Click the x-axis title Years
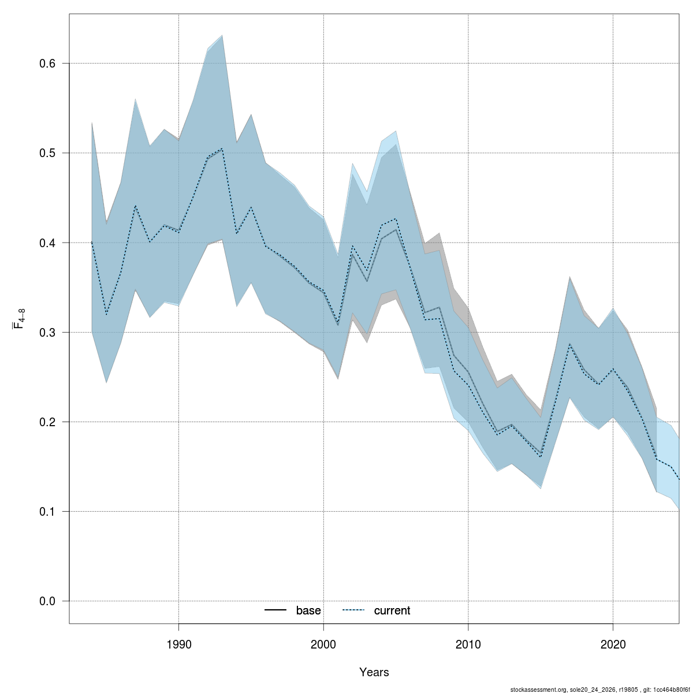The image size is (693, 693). coord(374,672)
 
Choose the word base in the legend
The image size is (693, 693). coord(308,611)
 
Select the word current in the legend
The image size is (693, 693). coord(392,611)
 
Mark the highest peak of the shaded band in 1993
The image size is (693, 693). coord(222,36)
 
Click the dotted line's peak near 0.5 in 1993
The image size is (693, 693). coord(222,148)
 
